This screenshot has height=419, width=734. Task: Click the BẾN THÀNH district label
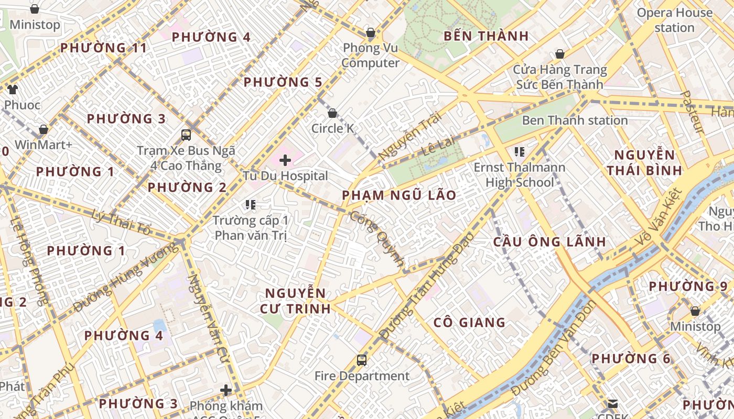pos(485,36)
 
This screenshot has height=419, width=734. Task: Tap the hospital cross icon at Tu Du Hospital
pos(285,160)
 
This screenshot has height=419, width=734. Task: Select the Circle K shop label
pos(332,128)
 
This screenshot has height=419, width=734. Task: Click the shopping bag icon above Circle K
pos(332,113)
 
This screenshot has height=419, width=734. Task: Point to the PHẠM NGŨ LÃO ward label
pos(399,195)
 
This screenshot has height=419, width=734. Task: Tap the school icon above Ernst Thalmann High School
pos(520,152)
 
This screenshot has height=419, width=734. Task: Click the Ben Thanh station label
pos(575,120)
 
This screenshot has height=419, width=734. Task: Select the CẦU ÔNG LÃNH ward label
pos(549,242)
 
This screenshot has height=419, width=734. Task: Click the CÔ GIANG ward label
pos(470,323)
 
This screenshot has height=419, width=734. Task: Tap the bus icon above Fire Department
pos(362,360)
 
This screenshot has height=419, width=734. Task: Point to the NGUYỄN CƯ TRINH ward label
pos(296,301)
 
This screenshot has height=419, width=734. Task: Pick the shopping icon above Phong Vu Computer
pos(371,33)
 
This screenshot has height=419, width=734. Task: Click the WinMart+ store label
pos(44,145)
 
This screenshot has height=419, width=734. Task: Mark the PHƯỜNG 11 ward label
pos(104,48)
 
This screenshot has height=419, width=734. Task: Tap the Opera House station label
pos(674,20)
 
